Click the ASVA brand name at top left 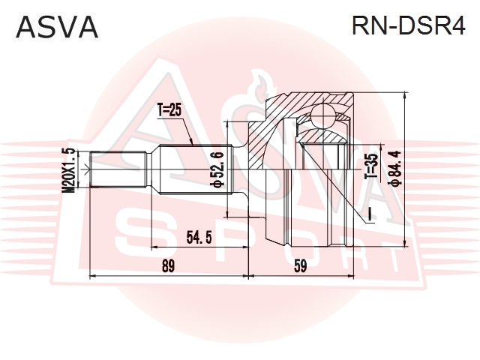point(57,26)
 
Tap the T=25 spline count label point(170,112)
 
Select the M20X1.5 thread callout point(68,172)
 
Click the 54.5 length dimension point(198,238)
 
